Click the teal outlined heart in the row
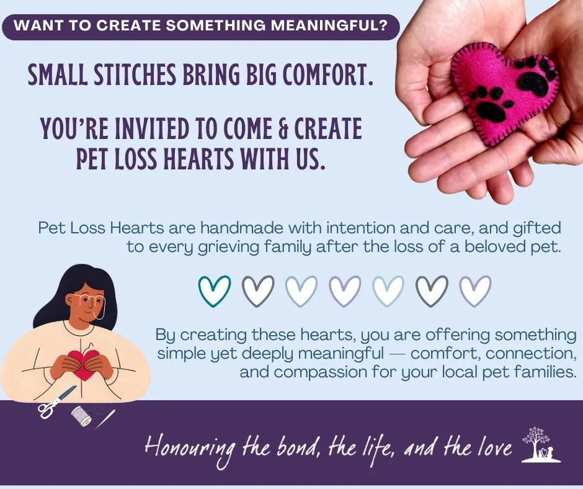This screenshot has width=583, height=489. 214,290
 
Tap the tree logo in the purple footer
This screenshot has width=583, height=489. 540,444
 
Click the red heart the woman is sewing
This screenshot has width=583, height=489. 84,362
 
